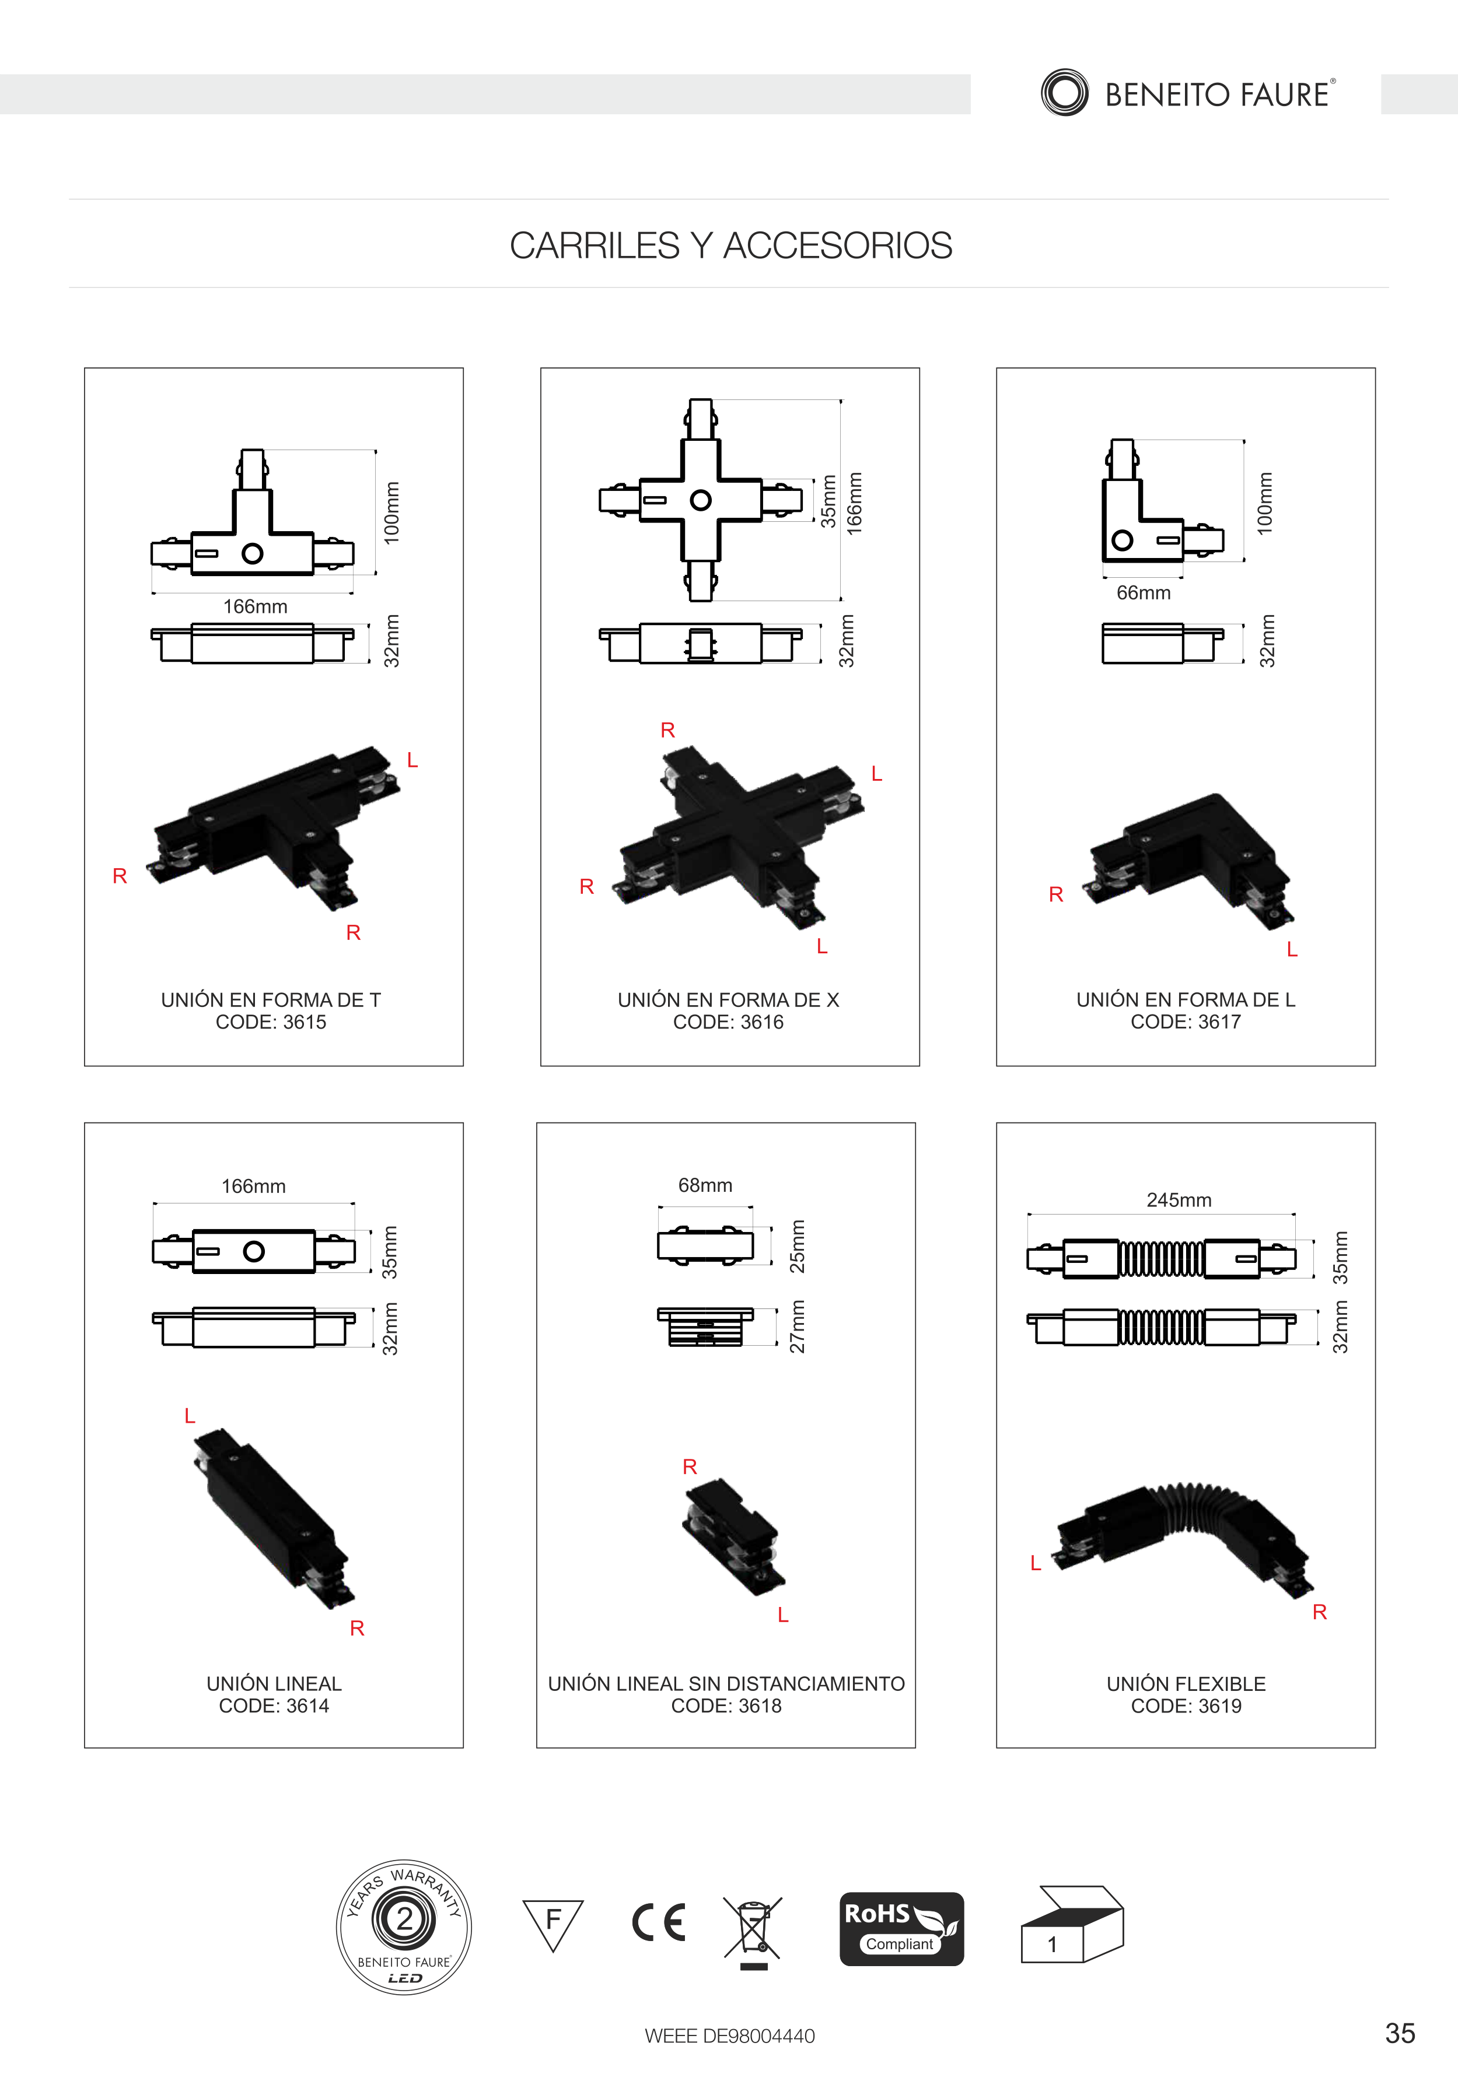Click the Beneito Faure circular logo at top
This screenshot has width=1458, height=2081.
(1065, 93)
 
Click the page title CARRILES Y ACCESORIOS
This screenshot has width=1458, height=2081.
(731, 245)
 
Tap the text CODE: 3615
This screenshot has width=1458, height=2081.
(271, 1022)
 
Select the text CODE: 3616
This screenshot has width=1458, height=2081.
(728, 1022)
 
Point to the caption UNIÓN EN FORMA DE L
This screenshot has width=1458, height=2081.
(1186, 1000)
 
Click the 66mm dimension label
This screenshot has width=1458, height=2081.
(1144, 593)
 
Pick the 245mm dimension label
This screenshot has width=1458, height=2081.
(1179, 1200)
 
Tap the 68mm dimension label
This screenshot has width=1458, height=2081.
(705, 1185)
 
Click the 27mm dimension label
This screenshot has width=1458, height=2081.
(797, 1327)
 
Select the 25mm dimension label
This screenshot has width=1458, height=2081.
(797, 1246)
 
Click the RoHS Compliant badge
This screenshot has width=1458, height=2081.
(901, 1929)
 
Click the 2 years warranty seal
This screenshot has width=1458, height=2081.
(404, 1927)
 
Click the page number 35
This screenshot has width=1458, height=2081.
(1400, 2033)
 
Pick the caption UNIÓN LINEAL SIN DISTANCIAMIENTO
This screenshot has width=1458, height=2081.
(726, 1684)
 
